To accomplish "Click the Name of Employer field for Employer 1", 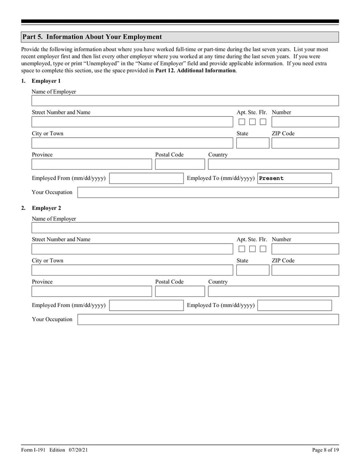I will (x=184, y=101).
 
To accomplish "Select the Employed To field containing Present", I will (x=294, y=178).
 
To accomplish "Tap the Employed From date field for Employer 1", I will (x=146, y=178).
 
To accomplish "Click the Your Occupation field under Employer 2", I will (x=208, y=320).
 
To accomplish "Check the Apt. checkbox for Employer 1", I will (x=242, y=122).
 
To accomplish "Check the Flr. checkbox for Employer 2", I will (x=263, y=249).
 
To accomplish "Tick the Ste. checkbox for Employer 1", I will (x=252, y=122).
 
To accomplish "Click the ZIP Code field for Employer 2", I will (x=305, y=270).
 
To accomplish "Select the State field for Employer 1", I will (x=252, y=143).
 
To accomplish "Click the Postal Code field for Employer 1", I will (x=180, y=164).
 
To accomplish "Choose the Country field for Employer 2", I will (x=273, y=291).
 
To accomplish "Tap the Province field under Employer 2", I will (x=92, y=291).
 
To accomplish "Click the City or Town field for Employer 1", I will (x=132, y=143).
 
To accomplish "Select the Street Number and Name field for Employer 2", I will (x=132, y=249).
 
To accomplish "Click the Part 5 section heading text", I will (x=92, y=37).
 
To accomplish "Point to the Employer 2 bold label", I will (x=46, y=208).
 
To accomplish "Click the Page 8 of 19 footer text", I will (x=325, y=450).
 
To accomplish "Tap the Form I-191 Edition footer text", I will (x=58, y=450).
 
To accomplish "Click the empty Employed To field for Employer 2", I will (x=294, y=306).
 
